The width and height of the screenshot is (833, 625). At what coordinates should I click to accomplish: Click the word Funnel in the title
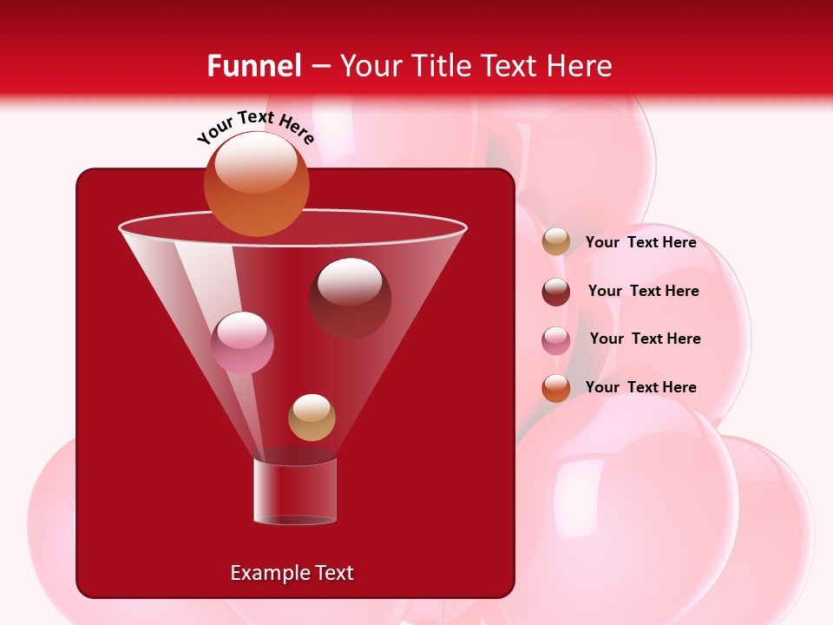253,66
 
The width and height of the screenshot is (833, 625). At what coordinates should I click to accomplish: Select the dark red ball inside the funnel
350,299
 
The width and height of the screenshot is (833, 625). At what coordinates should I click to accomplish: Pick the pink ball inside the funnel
242,343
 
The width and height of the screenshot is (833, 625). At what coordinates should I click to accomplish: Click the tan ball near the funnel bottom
312,418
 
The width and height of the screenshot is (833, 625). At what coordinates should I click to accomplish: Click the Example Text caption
292,573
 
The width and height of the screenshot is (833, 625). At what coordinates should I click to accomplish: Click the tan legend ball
556,242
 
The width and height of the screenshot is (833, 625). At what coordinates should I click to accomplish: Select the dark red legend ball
556,292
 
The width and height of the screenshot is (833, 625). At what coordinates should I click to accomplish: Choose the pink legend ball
556,339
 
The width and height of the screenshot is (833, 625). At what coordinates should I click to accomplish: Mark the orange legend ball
556,388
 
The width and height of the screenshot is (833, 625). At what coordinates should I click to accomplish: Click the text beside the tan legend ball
640,242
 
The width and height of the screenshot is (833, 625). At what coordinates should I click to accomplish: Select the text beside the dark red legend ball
643,291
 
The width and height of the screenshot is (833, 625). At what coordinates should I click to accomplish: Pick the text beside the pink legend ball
645,339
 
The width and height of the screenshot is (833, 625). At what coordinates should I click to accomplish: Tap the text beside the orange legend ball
640,387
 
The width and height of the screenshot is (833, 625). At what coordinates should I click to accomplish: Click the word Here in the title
580,66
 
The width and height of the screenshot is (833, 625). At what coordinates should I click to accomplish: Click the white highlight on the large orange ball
256,162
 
